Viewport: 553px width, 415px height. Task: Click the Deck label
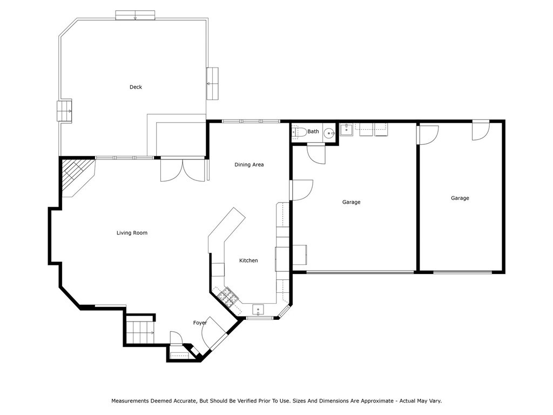(x=136, y=87)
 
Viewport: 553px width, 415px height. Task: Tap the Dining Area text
(x=249, y=165)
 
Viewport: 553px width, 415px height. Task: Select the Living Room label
(x=132, y=233)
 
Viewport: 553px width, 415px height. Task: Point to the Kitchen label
(x=248, y=260)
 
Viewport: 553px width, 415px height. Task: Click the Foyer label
(x=200, y=323)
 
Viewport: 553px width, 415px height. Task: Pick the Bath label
(x=313, y=131)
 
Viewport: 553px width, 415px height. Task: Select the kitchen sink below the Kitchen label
(x=259, y=309)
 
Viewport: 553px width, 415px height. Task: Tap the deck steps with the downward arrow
(x=135, y=15)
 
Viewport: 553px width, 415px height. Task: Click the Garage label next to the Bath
(x=351, y=202)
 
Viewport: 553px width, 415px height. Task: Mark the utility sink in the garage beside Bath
(x=346, y=130)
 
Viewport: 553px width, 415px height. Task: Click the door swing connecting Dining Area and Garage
(x=301, y=190)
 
